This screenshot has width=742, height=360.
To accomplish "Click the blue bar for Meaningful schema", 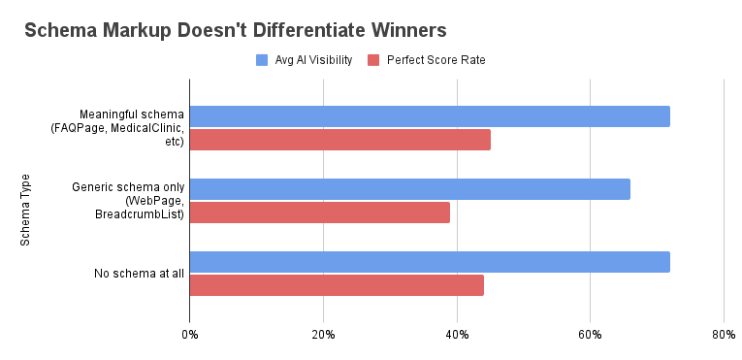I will coord(430,116).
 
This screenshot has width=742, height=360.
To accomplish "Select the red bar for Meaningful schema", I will coord(339,140).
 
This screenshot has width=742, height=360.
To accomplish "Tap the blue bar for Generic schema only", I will coord(409,189).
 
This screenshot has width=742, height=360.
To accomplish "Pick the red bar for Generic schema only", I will coord(319,213).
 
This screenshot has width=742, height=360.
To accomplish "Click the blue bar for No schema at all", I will coord(430,262).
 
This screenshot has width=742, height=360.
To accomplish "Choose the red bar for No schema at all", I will coord(337,285).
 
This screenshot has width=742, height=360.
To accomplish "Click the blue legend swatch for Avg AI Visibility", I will coord(262,60).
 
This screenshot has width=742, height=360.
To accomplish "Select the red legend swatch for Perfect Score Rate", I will coord(374,60).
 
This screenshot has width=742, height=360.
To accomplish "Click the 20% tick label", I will coord(323,335).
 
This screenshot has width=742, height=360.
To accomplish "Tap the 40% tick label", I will coord(457,335).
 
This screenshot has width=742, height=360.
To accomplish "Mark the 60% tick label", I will coord(590,335).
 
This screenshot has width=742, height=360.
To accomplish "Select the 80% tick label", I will coord(723,335).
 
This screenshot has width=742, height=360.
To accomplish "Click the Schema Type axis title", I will coord(26,210).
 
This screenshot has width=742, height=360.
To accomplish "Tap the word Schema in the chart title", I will coord(61,29).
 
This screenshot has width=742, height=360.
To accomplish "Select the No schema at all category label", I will coord(139,274).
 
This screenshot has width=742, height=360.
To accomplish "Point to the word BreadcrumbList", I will coord(140,213).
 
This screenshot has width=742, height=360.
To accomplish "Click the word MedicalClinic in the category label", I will coord(149,128).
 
